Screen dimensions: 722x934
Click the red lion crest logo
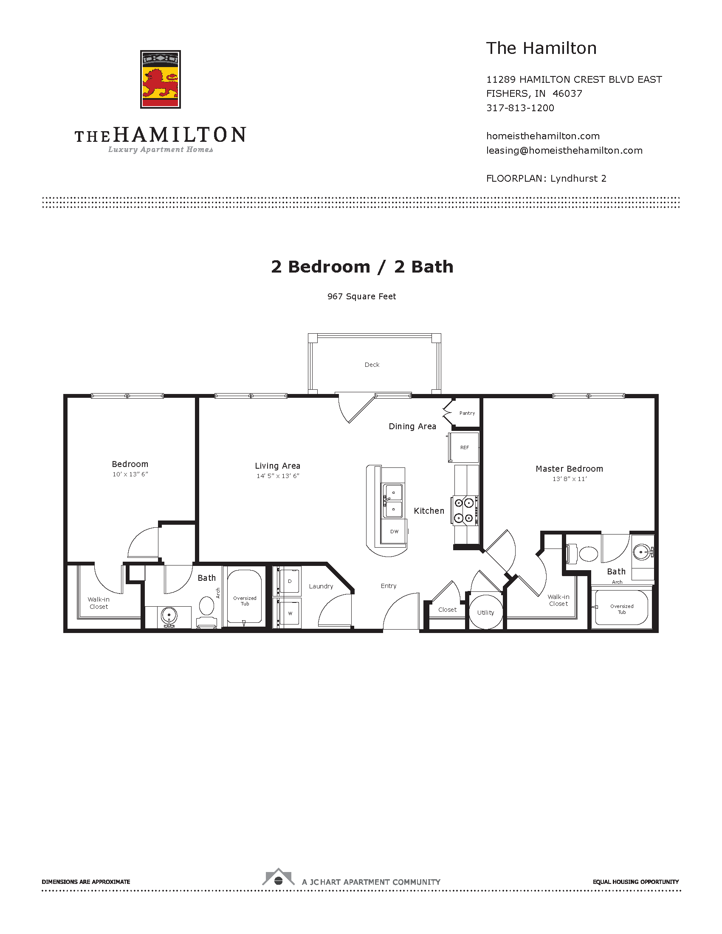pos(161,79)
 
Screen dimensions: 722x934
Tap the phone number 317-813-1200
pos(520,108)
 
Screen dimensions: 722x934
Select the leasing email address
pos(564,151)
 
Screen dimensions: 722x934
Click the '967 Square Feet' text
pos(361,296)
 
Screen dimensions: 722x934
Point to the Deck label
pos(372,365)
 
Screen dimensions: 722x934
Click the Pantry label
pos(467,413)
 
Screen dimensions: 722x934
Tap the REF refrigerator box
pos(463,447)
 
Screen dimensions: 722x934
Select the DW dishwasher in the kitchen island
pos(394,532)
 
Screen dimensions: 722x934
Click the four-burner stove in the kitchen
pos(465,510)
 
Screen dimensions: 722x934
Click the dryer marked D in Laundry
pos(290,581)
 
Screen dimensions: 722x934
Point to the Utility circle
pos(486,612)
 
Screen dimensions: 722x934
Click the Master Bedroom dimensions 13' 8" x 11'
pos(569,479)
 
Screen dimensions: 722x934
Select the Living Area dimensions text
pos(278,476)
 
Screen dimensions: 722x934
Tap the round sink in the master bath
pos(642,551)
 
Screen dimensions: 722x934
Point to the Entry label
pos(388,586)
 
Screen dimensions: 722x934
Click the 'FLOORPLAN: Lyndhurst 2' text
pos(546,179)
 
